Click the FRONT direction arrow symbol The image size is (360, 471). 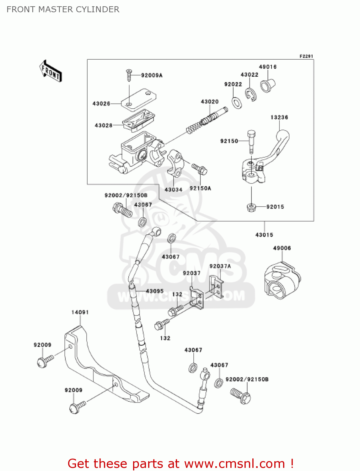[50, 71]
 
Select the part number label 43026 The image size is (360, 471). [101, 104]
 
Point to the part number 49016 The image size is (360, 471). [267, 67]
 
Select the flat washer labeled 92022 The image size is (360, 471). [237, 102]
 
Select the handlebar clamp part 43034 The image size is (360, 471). [175, 163]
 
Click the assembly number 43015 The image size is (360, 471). [264, 235]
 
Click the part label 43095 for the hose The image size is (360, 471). [154, 291]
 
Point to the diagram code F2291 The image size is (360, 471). [306, 56]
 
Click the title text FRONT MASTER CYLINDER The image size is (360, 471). [63, 9]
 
